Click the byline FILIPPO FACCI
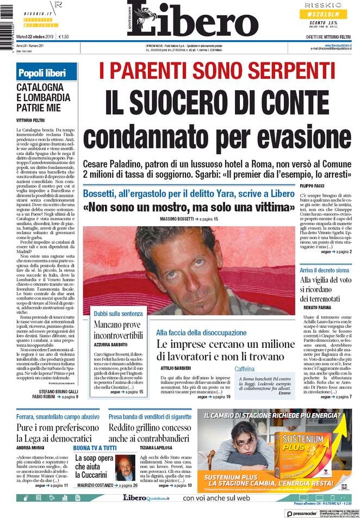315,186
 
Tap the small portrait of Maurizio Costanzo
125,468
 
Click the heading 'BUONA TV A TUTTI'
95,448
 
